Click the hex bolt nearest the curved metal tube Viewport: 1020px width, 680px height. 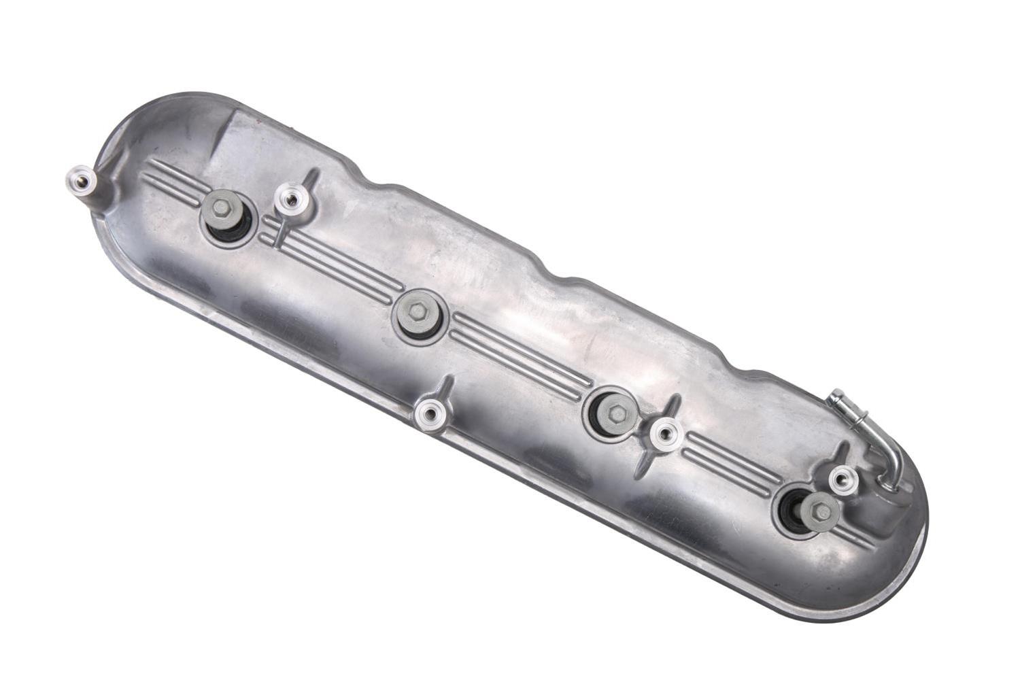click(x=821, y=507)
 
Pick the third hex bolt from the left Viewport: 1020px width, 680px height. click(x=616, y=412)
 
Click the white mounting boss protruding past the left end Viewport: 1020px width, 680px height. click(x=80, y=180)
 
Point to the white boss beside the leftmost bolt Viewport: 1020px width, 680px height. click(x=291, y=199)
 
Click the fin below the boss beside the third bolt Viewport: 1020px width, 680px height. click(x=643, y=462)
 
